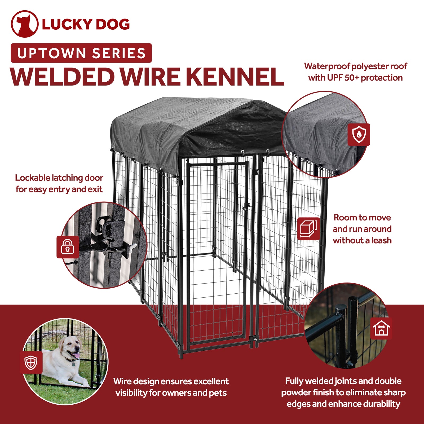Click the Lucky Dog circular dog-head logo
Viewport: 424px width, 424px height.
[x=24, y=24]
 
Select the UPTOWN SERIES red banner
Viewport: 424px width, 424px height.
[x=81, y=53]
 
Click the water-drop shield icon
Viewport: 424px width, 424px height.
[x=359, y=134]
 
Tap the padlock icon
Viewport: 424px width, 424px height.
[x=68, y=247]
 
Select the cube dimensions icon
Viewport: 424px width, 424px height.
[x=308, y=229]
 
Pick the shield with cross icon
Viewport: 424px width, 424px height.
[x=31, y=363]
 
